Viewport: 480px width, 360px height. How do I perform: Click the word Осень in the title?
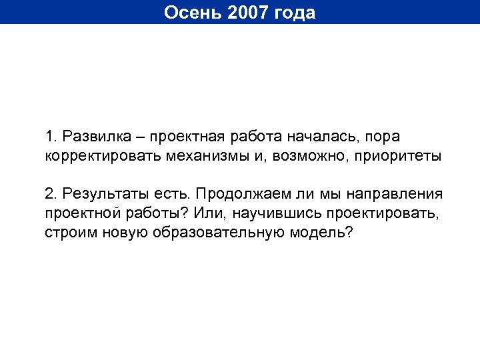pos(189,13)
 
